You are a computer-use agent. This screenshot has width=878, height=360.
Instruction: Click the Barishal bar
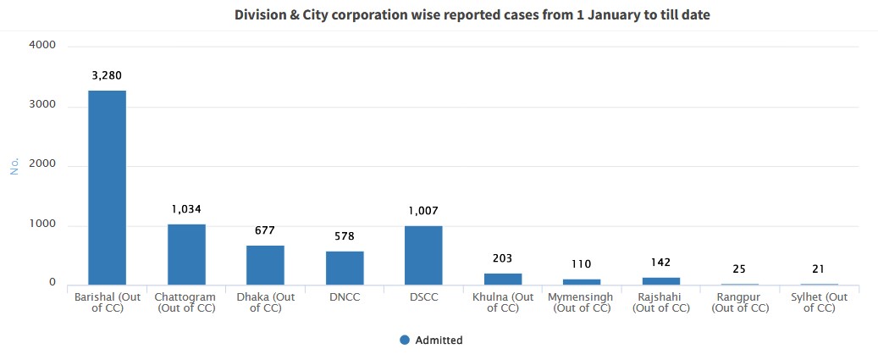point(107,187)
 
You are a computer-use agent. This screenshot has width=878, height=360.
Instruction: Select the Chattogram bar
point(186,254)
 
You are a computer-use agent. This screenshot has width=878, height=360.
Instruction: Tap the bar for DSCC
point(423,255)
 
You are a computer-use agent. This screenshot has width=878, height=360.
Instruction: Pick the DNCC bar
point(345,268)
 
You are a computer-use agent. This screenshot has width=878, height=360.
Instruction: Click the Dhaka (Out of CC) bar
point(265,265)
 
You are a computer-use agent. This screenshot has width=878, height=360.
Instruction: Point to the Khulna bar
point(503,279)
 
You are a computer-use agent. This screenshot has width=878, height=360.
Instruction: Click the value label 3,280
point(107,75)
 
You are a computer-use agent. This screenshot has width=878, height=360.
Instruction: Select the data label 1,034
point(186,209)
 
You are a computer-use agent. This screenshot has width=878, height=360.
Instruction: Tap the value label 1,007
point(423,211)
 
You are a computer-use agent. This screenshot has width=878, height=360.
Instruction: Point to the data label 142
point(661,263)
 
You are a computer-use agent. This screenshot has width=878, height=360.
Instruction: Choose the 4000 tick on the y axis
point(42,45)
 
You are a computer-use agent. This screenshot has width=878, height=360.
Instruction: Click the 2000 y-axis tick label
point(42,165)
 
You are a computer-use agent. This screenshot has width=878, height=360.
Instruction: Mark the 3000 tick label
point(42,105)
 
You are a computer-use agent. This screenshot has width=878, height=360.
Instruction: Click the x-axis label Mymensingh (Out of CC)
point(582,302)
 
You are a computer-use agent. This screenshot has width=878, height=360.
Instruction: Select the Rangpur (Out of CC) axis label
point(740,302)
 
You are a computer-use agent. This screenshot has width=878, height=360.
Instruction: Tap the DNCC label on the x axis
point(345,297)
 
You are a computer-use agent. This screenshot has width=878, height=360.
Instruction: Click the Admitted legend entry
point(431,341)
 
